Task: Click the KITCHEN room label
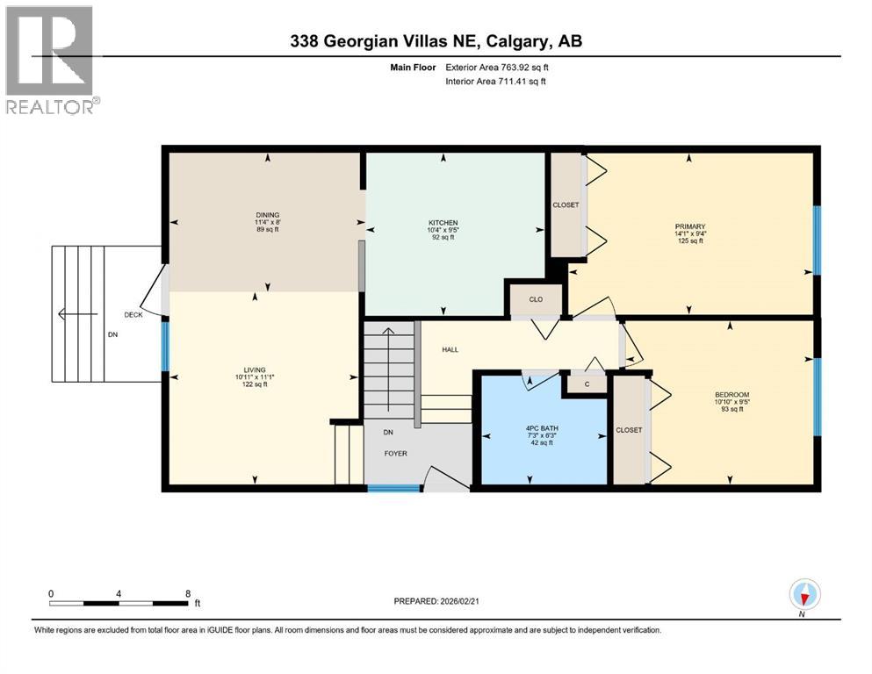(443, 223)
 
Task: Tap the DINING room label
(267, 215)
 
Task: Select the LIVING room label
(255, 369)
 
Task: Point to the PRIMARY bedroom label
(689, 226)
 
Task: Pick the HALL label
(450, 349)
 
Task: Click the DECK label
(133, 313)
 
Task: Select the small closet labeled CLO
(536, 299)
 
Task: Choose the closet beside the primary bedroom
(566, 204)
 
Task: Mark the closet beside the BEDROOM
(629, 430)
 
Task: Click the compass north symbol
(804, 596)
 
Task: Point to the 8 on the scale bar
(188, 593)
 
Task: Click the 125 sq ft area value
(689, 240)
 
